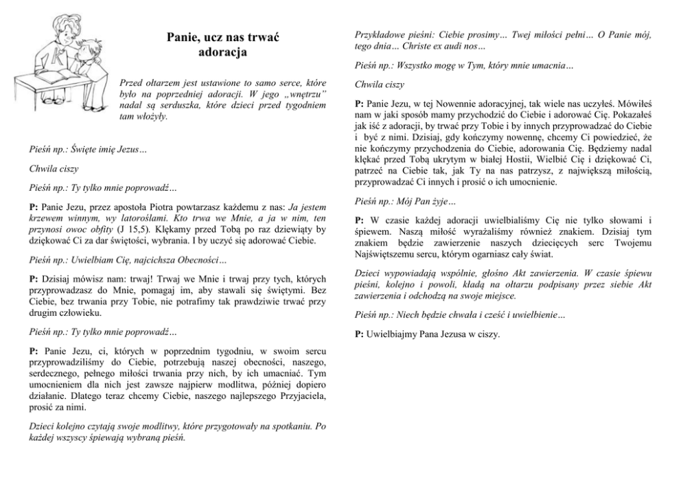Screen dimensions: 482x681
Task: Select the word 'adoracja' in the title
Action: (222, 52)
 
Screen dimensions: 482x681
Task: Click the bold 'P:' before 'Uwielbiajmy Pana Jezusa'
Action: (359, 334)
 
